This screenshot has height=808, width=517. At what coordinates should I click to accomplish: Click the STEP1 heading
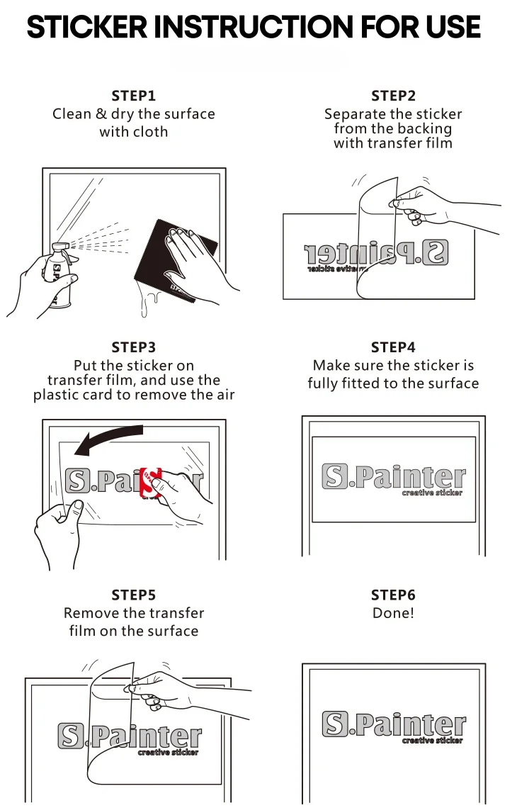click(133, 96)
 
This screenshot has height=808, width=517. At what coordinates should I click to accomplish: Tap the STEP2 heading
click(393, 96)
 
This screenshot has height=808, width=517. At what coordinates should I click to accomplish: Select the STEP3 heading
click(133, 347)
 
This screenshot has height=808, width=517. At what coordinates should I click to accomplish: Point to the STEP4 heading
click(393, 347)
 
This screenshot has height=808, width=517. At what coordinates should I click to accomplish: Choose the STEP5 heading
click(133, 595)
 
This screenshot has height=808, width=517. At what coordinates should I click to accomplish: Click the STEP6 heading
click(393, 595)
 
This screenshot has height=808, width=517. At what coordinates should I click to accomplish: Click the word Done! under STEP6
click(393, 613)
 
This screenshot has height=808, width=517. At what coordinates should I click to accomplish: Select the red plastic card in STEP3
click(151, 482)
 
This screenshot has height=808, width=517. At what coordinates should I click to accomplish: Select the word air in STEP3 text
click(222, 395)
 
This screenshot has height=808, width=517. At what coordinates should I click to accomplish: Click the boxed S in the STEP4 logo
click(335, 476)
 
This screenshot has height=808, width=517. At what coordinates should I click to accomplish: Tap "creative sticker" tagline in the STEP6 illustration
click(432, 741)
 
